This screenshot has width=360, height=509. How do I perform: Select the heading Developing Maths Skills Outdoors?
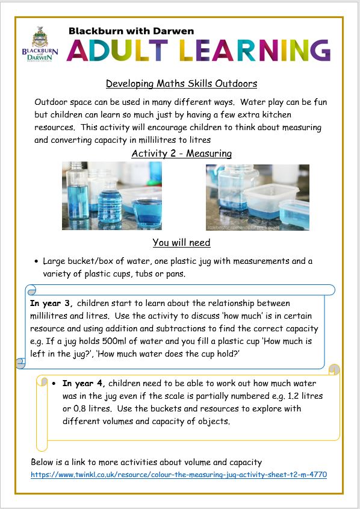pyautogui.click(x=181, y=83)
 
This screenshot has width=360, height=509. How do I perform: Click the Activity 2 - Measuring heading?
pyautogui.click(x=181, y=154)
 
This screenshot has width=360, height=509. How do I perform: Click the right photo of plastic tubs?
pyautogui.click(x=257, y=196)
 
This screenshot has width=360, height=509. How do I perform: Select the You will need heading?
pyautogui.click(x=181, y=243)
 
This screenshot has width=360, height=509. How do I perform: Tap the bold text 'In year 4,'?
pyautogui.click(x=84, y=383)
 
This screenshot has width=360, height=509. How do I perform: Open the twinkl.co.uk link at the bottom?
pyautogui.click(x=179, y=475)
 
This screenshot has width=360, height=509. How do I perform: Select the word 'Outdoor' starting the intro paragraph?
pyautogui.click(x=51, y=102)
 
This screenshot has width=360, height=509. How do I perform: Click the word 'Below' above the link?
pyautogui.click(x=43, y=462)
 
